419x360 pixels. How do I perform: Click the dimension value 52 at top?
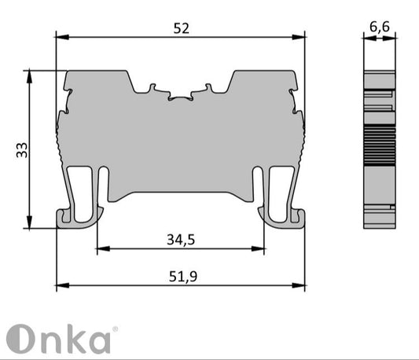click(182, 28)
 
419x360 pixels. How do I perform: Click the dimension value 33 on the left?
click(22, 150)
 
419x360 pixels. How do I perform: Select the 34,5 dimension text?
click(181, 239)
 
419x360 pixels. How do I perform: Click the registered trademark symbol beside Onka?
click(115, 329)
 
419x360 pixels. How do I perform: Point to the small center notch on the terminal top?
click(181, 98)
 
